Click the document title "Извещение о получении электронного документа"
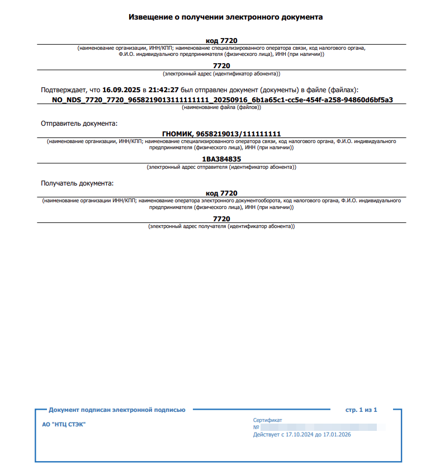(225, 17)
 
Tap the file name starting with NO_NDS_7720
(222, 100)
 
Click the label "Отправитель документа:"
(79, 123)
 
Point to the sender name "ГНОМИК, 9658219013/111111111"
(221, 134)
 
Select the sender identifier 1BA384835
(221, 159)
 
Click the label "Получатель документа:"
(77, 183)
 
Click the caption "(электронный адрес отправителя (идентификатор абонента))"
(221, 167)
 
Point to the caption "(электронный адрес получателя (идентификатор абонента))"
(221, 226)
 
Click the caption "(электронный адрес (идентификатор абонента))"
(221, 73)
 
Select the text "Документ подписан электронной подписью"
(117, 410)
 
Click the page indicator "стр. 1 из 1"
(362, 410)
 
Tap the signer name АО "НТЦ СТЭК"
(64, 424)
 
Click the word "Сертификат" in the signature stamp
(267, 420)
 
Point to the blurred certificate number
(319, 427)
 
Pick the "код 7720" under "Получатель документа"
(221, 193)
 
